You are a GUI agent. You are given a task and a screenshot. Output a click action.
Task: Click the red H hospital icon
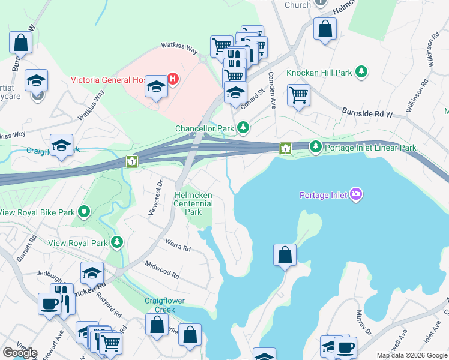pyautogui.click(x=173, y=79)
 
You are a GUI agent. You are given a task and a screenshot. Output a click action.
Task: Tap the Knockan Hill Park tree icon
pyautogui.click(x=361, y=73)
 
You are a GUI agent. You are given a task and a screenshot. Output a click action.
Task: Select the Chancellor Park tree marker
pyautogui.click(x=243, y=128)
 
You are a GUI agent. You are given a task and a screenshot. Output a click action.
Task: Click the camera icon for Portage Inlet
pyautogui.click(x=356, y=194)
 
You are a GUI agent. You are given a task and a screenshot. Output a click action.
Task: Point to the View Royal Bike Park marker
pyautogui.click(x=85, y=211)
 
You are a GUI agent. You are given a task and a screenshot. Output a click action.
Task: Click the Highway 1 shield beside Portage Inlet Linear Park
pyautogui.click(x=286, y=148)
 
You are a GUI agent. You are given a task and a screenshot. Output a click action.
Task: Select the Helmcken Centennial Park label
pyautogui.click(x=193, y=203)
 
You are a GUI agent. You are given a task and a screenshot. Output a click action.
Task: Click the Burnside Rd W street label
pyautogui.click(x=366, y=112)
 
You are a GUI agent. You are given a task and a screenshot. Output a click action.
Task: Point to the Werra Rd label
pyautogui.click(x=178, y=244)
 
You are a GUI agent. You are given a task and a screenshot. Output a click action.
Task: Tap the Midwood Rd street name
pyautogui.click(x=161, y=269)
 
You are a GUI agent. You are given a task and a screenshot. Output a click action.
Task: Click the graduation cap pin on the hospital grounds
pyautogui.click(x=156, y=88)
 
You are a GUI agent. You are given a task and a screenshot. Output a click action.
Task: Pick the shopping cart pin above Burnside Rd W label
pyautogui.click(x=298, y=94)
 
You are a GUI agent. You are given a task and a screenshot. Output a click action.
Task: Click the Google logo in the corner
pyautogui.click(x=20, y=353)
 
